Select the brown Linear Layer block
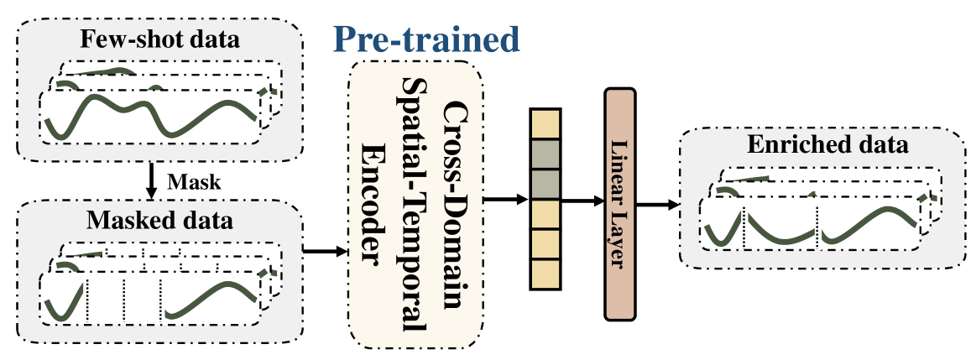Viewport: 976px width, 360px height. point(622,204)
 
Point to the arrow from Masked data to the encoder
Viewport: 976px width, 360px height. point(324,250)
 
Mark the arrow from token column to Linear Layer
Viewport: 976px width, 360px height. point(582,202)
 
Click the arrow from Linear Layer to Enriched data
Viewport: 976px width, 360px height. point(659,204)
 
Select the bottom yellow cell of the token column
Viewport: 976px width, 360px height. point(544,274)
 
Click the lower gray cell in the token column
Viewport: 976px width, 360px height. point(544,184)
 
